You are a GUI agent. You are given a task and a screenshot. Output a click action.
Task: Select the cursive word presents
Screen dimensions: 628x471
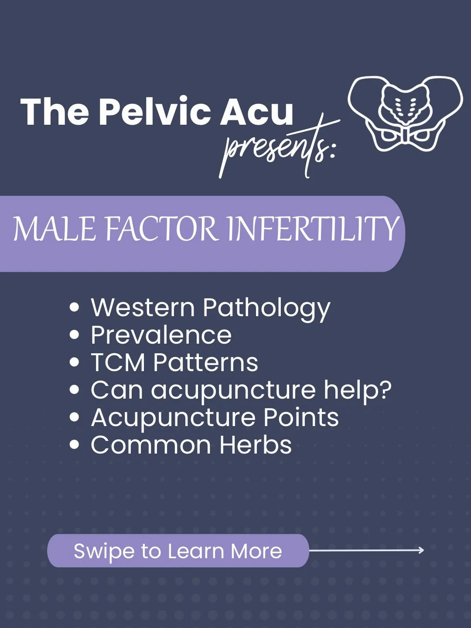tap(279, 146)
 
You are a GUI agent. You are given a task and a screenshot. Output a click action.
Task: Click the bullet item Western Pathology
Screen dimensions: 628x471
tap(210, 308)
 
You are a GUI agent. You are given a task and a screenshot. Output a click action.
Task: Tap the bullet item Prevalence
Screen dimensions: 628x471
tap(161, 335)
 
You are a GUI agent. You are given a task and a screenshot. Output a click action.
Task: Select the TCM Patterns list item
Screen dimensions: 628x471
tap(174, 362)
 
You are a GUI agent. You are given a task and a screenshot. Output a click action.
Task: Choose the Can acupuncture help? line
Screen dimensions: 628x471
tap(241, 390)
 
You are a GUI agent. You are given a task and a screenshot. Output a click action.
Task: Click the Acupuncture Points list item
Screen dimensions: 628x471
tap(215, 417)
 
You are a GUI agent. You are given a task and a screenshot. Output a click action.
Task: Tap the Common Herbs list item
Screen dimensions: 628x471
tap(191, 445)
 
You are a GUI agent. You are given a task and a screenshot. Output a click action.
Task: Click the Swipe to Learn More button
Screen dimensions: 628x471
tap(178, 551)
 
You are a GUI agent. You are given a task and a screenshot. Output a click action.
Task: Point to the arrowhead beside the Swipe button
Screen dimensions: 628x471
tap(420, 550)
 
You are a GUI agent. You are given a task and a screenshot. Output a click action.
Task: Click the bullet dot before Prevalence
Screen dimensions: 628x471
tap(75, 335)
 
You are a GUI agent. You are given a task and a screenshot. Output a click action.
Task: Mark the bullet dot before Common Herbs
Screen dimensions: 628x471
tap(75, 445)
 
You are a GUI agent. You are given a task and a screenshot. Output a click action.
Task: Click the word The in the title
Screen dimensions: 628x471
tap(55, 112)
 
